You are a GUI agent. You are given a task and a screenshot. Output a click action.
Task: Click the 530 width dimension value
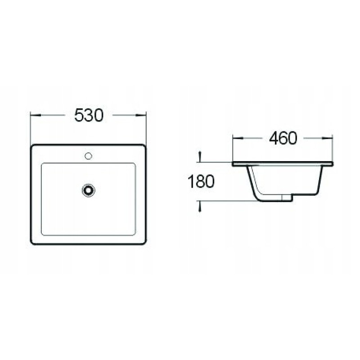pos(89,115)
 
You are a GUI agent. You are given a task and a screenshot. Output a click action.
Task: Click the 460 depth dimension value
pos(283,139)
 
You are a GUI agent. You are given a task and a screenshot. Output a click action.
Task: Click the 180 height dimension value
pos(201,181)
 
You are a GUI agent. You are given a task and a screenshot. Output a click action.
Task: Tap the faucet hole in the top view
pos(88,156)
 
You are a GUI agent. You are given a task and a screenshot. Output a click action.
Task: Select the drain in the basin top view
pos(88,190)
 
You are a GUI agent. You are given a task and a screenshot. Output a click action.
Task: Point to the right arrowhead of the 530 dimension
pos(141,115)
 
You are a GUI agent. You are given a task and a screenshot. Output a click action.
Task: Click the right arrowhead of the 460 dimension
pos(328,138)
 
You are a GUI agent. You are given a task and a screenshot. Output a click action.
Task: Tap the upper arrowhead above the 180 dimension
pos(200,156)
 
